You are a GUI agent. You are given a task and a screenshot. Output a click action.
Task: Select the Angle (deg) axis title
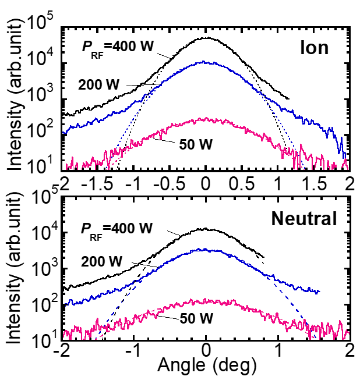(206, 365)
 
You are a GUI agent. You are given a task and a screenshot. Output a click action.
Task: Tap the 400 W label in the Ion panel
(117, 47)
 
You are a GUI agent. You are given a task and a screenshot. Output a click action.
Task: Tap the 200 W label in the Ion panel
(99, 85)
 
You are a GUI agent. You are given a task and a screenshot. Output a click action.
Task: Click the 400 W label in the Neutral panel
(117, 228)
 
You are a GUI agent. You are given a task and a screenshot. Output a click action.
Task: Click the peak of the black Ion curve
(206, 38)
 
